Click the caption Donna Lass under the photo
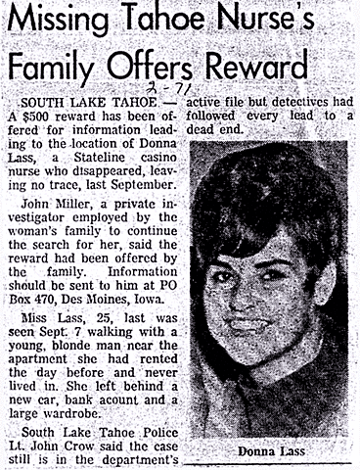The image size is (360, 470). point(270,452)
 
